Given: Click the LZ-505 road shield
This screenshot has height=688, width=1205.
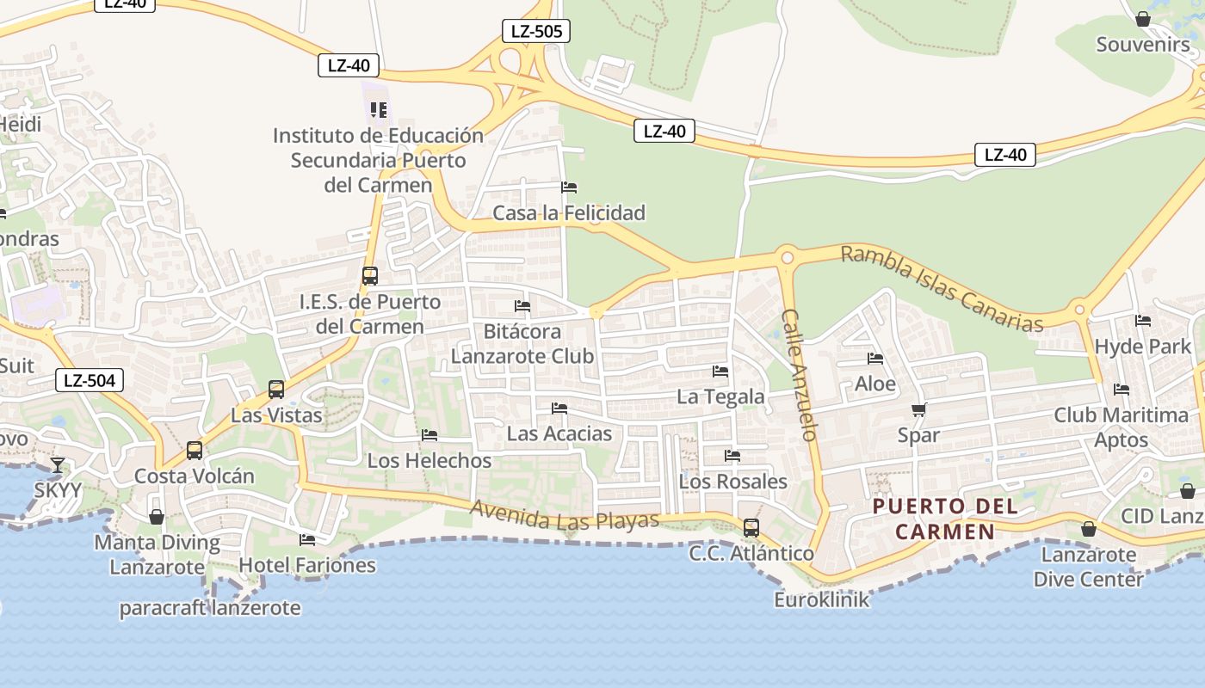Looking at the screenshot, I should pyautogui.click(x=535, y=32).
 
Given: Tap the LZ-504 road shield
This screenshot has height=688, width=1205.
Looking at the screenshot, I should pyautogui.click(x=90, y=380).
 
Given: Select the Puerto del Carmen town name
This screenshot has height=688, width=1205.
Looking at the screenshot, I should pyautogui.click(x=945, y=519).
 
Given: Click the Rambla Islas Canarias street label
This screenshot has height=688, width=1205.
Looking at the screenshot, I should pyautogui.click(x=942, y=288).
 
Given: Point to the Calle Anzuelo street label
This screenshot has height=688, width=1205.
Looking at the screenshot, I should pyautogui.click(x=799, y=375).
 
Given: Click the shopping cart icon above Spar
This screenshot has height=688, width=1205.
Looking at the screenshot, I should pyautogui.click(x=918, y=410).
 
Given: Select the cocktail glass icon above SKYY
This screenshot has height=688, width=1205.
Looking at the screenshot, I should pyautogui.click(x=58, y=465).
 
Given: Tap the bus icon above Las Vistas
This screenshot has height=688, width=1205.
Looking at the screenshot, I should pyautogui.click(x=276, y=390).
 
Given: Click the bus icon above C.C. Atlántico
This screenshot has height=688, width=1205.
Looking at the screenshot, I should pyautogui.click(x=751, y=528).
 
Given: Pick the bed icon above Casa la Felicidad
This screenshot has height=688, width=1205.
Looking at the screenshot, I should pyautogui.click(x=569, y=187).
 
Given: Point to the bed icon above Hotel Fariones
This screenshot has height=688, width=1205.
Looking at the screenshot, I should pyautogui.click(x=307, y=540).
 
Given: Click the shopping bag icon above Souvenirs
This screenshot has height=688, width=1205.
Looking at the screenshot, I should pyautogui.click(x=1143, y=19).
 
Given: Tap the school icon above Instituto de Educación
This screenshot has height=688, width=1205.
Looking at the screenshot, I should pyautogui.click(x=379, y=110).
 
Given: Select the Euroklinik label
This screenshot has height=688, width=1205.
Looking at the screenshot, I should pyautogui.click(x=822, y=599).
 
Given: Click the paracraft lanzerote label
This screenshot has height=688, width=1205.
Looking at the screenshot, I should pyautogui.click(x=210, y=608).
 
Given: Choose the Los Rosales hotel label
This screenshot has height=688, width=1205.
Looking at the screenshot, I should pyautogui.click(x=732, y=482).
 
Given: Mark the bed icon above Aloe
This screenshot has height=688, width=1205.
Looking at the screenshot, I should pyautogui.click(x=875, y=359).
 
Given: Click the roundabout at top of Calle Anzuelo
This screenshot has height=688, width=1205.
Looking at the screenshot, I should pyautogui.click(x=786, y=255).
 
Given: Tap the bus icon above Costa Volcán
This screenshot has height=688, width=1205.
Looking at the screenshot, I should pyautogui.click(x=195, y=451).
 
